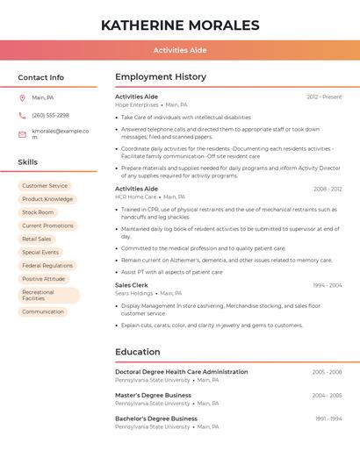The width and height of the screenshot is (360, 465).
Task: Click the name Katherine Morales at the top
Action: (180, 25)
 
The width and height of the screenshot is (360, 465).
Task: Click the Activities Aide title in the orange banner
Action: (180, 50)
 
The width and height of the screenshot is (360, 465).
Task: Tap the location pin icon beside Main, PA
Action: (22, 97)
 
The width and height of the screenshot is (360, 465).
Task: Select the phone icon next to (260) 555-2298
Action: (22, 115)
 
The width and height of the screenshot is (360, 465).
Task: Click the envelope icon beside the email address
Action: (22, 133)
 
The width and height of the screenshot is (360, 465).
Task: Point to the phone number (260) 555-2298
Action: (50, 115)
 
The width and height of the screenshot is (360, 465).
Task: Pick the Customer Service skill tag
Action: (45, 186)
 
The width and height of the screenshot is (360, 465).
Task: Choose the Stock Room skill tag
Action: (38, 212)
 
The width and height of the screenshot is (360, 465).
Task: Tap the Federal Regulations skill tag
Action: (47, 266)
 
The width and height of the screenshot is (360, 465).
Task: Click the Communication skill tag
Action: (43, 311)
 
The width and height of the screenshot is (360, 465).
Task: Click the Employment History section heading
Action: (161, 77)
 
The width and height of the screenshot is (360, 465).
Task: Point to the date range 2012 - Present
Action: (324, 97)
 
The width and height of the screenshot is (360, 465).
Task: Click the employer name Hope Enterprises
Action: (137, 104)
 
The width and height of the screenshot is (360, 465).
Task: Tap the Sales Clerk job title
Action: (132, 285)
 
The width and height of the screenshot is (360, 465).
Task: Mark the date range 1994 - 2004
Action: (327, 285)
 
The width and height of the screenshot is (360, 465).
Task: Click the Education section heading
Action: (138, 352)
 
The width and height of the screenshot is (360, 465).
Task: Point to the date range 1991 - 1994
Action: (328, 418)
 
